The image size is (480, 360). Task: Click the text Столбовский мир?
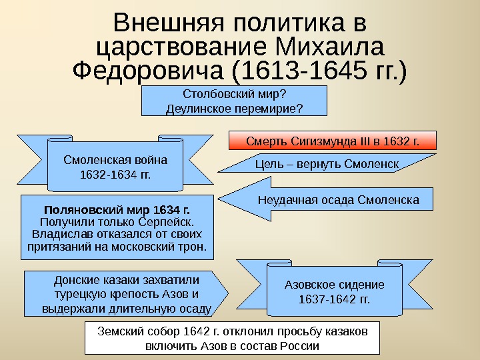pyautogui.click(x=234, y=94)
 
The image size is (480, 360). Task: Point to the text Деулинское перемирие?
pyautogui.click(x=234, y=107)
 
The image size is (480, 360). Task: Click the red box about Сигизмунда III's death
pyautogui.click(x=332, y=141)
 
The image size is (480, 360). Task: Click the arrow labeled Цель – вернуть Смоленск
pyautogui.click(x=327, y=164)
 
